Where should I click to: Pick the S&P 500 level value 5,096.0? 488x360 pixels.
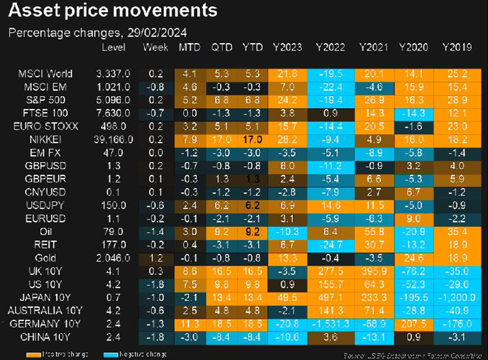pyautogui.click(x=115, y=100)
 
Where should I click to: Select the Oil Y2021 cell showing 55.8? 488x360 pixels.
pyautogui.click(x=373, y=231)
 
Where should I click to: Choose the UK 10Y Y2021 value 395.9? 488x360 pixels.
pyautogui.click(x=373, y=272)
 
